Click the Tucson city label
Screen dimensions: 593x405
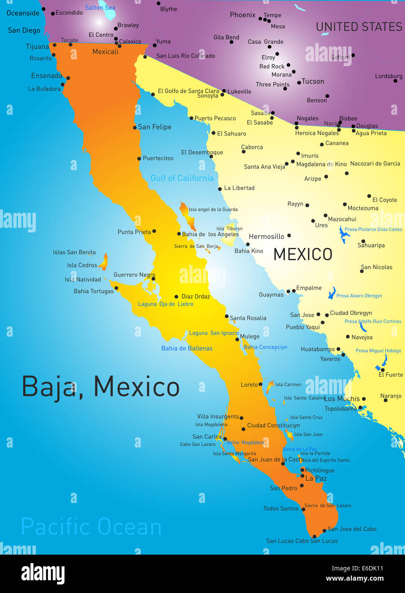coord(313,81)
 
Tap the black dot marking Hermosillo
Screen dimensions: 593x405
coord(289,235)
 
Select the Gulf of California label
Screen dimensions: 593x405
coord(182,178)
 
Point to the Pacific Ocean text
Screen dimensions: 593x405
coord(91,527)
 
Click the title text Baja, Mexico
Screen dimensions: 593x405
coord(100,387)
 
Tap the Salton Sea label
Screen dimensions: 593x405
coord(100,8)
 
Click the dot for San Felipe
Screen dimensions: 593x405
coord(135,128)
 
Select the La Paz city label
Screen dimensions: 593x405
coord(316,478)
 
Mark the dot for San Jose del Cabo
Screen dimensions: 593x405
coord(324,530)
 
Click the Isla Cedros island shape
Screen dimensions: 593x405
coord(104,262)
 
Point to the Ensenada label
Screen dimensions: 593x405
coord(47,76)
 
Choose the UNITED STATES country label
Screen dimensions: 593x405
coord(359,27)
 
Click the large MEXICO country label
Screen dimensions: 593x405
coord(303,255)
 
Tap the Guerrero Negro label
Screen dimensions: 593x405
coord(134,275)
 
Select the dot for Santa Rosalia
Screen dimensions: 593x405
coord(227,317)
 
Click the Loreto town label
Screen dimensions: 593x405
coord(249,384)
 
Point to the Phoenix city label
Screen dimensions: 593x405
coord(243,15)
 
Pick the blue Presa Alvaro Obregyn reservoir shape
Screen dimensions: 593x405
coord(332,293)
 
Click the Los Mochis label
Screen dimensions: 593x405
coord(342,398)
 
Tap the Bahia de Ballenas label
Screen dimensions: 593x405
coord(187,349)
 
